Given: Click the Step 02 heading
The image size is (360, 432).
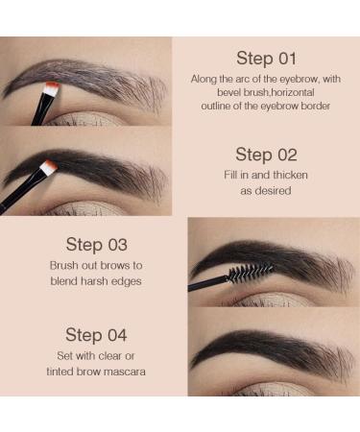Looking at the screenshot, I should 266,155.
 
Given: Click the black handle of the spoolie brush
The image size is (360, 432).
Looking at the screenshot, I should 205,285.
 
